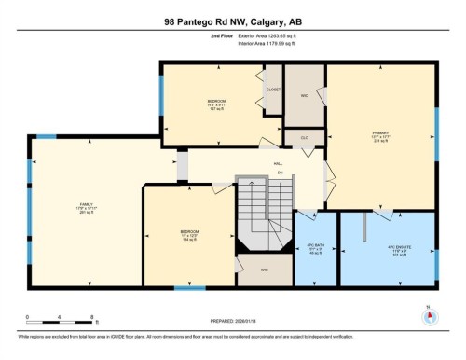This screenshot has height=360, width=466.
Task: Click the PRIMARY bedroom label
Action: (x=380, y=135)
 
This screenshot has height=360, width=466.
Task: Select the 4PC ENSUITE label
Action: (x=399, y=249)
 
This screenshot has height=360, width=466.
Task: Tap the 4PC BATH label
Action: (x=314, y=249)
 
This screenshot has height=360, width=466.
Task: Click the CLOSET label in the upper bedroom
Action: (x=273, y=90)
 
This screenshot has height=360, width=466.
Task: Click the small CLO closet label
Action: (x=304, y=137)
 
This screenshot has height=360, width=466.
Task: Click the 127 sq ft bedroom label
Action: (x=215, y=104)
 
